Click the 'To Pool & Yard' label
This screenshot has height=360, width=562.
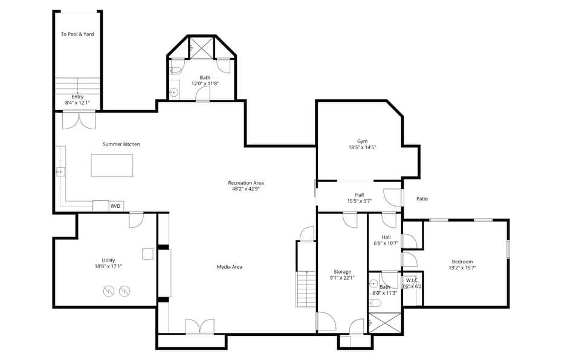click(77, 34)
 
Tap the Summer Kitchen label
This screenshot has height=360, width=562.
click(121, 144)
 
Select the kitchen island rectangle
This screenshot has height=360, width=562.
click(112, 166)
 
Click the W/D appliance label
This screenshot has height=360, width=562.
click(115, 207)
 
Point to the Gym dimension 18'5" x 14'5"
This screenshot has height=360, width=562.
click(363, 147)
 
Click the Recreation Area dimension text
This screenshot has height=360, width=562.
click(246, 189)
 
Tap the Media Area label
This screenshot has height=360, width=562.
click(230, 267)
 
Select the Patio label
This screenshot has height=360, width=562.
click(422, 199)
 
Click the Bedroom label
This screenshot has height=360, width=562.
click(462, 262)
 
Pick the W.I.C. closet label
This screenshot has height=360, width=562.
click(412, 280)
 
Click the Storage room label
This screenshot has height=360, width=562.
click(342, 272)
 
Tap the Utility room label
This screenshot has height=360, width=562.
click(108, 260)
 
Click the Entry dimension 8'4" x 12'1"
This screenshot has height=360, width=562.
click(77, 103)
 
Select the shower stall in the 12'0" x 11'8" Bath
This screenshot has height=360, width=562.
click(201, 47)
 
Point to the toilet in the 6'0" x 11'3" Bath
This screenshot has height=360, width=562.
click(375, 303)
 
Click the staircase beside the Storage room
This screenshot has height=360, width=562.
click(306, 289)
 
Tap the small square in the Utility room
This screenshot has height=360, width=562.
click(147, 254)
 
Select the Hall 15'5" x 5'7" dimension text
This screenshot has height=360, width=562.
click(359, 201)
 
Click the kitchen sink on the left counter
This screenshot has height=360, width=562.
click(60, 172)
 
